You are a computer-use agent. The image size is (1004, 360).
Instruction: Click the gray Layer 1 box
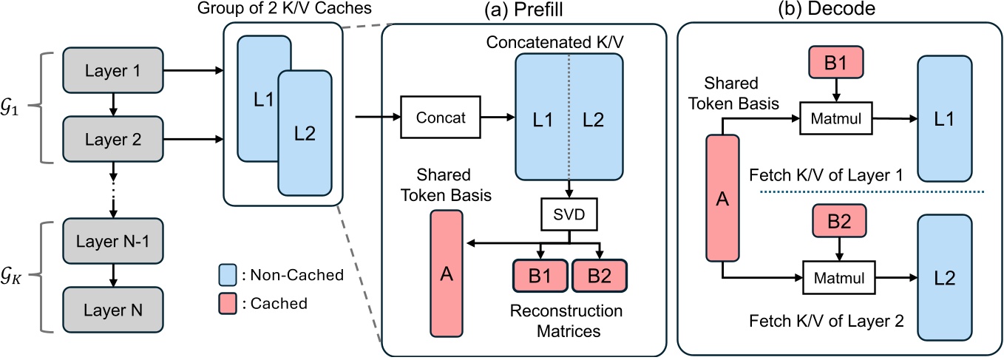pyautogui.click(x=112, y=71)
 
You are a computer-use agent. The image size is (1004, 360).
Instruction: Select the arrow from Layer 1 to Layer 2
pyautogui.click(x=112, y=103)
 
